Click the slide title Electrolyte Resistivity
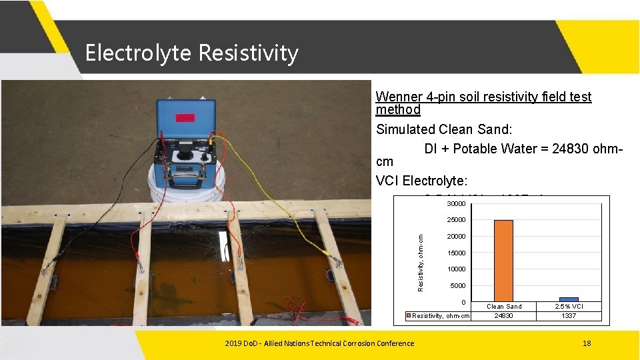[191, 53]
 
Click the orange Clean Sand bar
[503, 261]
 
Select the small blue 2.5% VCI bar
[569, 299]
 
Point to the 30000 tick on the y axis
[457, 203]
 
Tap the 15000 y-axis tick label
[457, 253]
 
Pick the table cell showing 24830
[503, 316]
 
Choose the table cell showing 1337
[569, 316]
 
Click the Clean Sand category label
[504, 307]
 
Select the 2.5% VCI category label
[569, 307]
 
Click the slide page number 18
[587, 343]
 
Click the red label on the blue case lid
[185, 118]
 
